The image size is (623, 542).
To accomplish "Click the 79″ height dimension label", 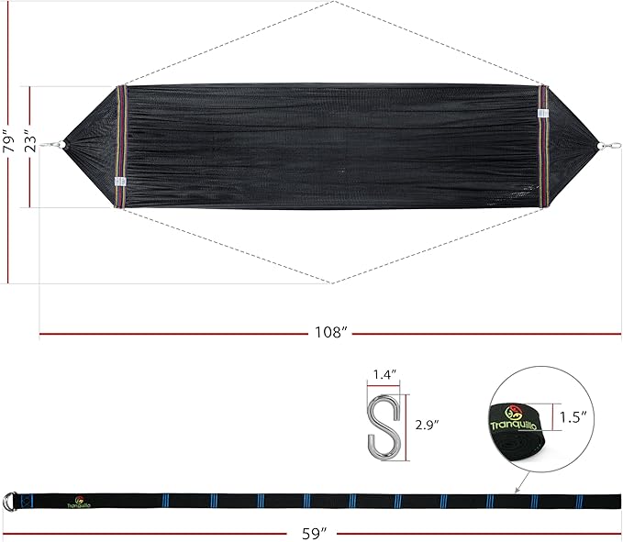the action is point(8,141).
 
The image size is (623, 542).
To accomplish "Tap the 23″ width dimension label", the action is point(30,141).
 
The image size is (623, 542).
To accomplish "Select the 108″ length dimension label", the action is point(331,332).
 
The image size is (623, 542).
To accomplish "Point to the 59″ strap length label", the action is point(314,533).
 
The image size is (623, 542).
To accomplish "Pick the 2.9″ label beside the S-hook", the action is point(428,425).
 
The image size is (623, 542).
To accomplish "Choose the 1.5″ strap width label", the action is point(573,417).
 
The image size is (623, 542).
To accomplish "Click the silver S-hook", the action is point(384,427).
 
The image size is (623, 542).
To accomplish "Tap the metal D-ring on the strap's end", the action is point(10,501).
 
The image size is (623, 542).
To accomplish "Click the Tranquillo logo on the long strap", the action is point(79,503).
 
